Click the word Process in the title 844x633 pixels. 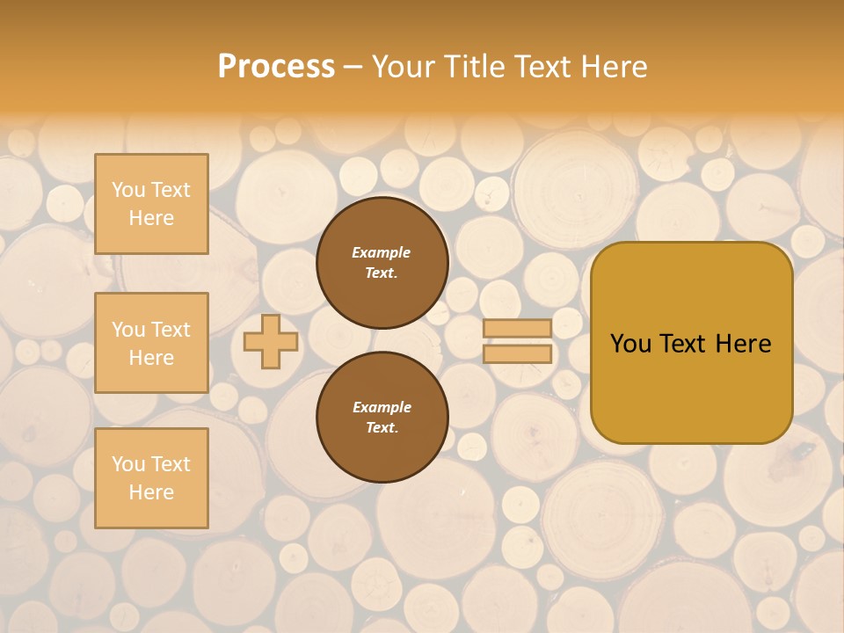[x=276, y=66]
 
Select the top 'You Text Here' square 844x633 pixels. [x=151, y=204]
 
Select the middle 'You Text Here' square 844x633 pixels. [x=151, y=343]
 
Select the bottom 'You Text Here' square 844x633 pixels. [x=151, y=477]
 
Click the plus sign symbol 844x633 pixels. [x=271, y=342]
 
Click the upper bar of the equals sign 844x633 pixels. [x=517, y=329]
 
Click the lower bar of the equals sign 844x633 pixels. [x=517, y=353]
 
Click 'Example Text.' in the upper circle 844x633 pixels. [x=382, y=263]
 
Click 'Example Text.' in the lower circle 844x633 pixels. [x=382, y=418]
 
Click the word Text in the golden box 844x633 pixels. [x=684, y=344]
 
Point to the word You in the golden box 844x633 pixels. [x=630, y=344]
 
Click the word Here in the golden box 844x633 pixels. [x=743, y=344]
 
